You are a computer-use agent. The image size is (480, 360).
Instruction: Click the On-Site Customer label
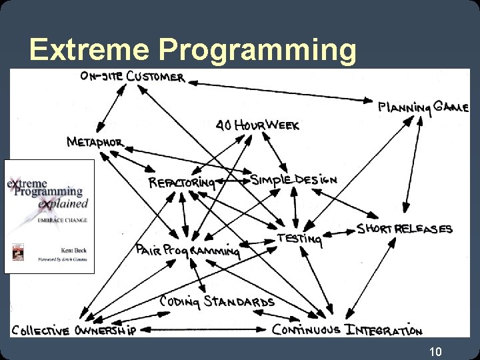point(132,77)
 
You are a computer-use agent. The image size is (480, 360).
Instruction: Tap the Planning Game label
point(423,107)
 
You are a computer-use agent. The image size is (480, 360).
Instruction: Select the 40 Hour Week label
point(257,125)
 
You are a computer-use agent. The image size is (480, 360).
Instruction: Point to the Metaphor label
point(95,142)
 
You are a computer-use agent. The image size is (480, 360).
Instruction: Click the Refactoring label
point(181,182)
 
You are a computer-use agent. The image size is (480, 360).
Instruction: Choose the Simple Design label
point(293,180)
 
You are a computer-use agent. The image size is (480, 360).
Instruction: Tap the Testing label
point(300,238)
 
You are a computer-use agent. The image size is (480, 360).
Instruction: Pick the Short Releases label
point(404,229)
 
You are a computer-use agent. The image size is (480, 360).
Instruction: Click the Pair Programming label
point(187,249)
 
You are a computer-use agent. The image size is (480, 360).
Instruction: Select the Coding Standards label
point(217,301)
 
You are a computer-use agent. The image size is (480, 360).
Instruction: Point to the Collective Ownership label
point(73,330)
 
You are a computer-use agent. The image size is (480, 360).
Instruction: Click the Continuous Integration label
point(347,329)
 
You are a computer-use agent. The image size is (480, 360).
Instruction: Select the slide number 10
point(435,351)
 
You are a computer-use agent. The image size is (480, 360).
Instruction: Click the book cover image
point(49,216)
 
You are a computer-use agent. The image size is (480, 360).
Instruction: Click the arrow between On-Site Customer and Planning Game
point(280,91)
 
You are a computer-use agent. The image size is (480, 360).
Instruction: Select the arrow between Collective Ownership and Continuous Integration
point(207,329)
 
